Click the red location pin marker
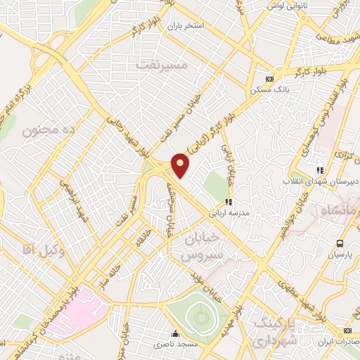[181, 165]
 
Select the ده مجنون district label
[49, 131]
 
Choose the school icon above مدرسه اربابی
[229, 202]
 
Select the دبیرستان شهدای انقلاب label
[321, 181]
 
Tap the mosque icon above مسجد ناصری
[174, 334]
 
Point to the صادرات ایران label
[336, 340]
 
